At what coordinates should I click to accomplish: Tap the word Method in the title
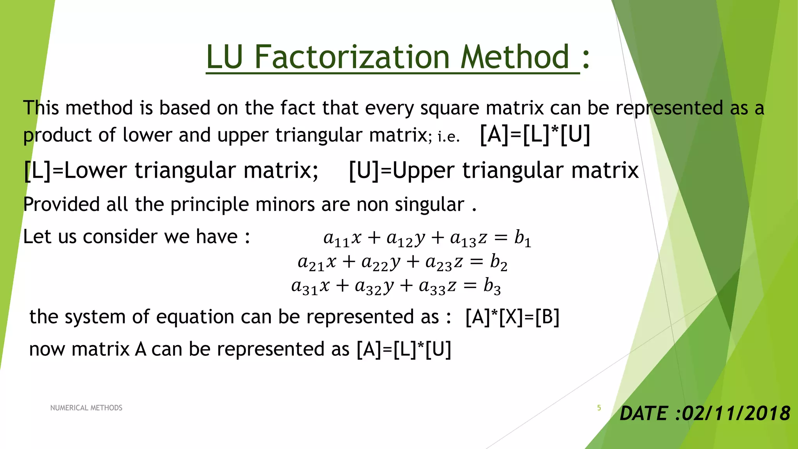[x=515, y=57]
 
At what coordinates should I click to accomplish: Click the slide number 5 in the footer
[x=599, y=408]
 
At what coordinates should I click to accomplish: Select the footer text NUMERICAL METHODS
[x=86, y=408]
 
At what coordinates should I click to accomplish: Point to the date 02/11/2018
[x=736, y=414]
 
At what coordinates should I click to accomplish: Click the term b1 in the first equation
[x=523, y=238]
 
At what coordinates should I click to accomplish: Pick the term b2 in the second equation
[x=499, y=262]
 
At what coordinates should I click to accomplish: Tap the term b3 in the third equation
[x=492, y=286]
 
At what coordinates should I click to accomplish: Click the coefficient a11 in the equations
[x=336, y=239]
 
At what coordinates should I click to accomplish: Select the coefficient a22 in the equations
[x=375, y=263]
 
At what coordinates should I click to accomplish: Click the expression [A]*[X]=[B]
[x=512, y=317]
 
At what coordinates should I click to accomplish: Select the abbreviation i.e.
[x=448, y=137]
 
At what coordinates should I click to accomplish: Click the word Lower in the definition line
[x=95, y=171]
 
